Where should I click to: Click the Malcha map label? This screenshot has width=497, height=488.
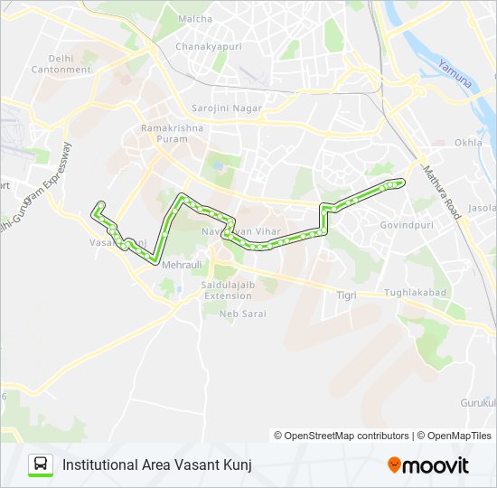[195, 18]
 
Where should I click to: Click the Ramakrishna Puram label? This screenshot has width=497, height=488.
[172, 133]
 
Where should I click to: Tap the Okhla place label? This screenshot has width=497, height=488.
[469, 142]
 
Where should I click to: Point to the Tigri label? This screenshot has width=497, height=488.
[346, 296]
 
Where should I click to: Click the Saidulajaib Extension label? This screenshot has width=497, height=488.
[227, 290]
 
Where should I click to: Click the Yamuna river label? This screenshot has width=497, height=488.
[454, 73]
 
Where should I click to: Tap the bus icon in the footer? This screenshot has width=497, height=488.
[41, 465]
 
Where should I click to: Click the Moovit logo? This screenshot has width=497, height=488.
[428, 465]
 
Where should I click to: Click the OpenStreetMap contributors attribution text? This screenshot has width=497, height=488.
[342, 436]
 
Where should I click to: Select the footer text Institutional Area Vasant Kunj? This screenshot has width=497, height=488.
[156, 465]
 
